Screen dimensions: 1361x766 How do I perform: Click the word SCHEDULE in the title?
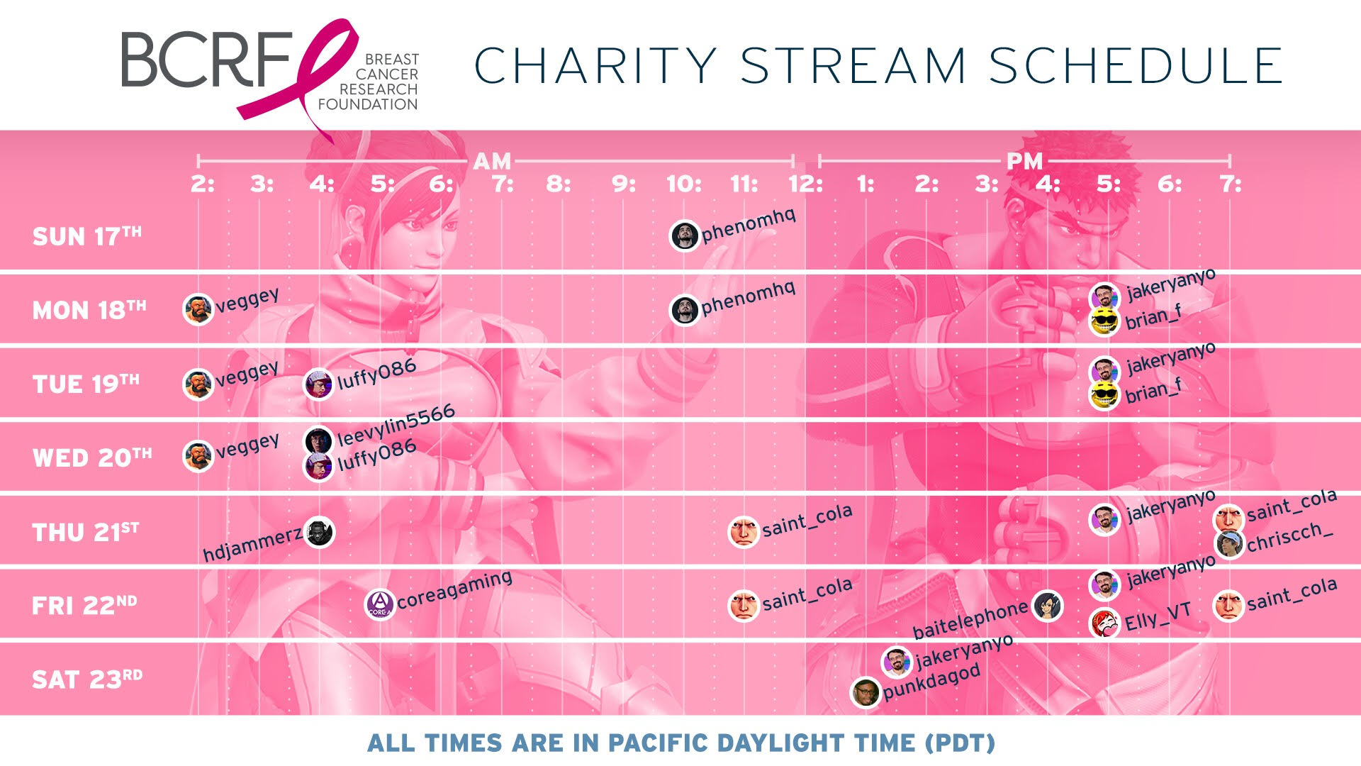pyautogui.click(x=1136, y=65)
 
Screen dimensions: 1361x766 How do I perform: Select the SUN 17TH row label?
pyautogui.click(x=86, y=235)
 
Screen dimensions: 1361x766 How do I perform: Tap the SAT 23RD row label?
pyautogui.click(x=87, y=679)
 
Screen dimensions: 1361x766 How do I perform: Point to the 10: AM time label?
pyautogui.click(x=683, y=184)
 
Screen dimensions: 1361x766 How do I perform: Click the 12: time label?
pyautogui.click(x=805, y=184)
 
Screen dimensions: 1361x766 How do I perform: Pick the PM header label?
pyautogui.click(x=1024, y=161)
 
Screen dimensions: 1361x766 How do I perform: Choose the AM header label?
pyautogui.click(x=492, y=161)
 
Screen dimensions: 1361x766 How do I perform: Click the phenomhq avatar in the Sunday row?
pyautogui.click(x=685, y=236)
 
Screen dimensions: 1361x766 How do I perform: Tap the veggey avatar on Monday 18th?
pyautogui.click(x=198, y=309)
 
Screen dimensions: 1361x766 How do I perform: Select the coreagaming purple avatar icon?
pyautogui.click(x=380, y=604)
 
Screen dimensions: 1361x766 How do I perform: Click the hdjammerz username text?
pyautogui.click(x=252, y=545)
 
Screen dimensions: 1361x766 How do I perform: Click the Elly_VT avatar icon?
pyautogui.click(x=1104, y=622)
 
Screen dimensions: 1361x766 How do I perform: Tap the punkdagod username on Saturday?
pyautogui.click(x=932, y=682)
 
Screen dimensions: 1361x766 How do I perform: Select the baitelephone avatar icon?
pyautogui.click(x=1048, y=606)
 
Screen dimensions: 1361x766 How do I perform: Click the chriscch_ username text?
pyautogui.click(x=1290, y=537)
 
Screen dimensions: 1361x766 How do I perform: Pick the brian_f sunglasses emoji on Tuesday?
pyautogui.click(x=1104, y=395)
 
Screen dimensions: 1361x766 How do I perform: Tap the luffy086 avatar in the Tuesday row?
pyautogui.click(x=319, y=384)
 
